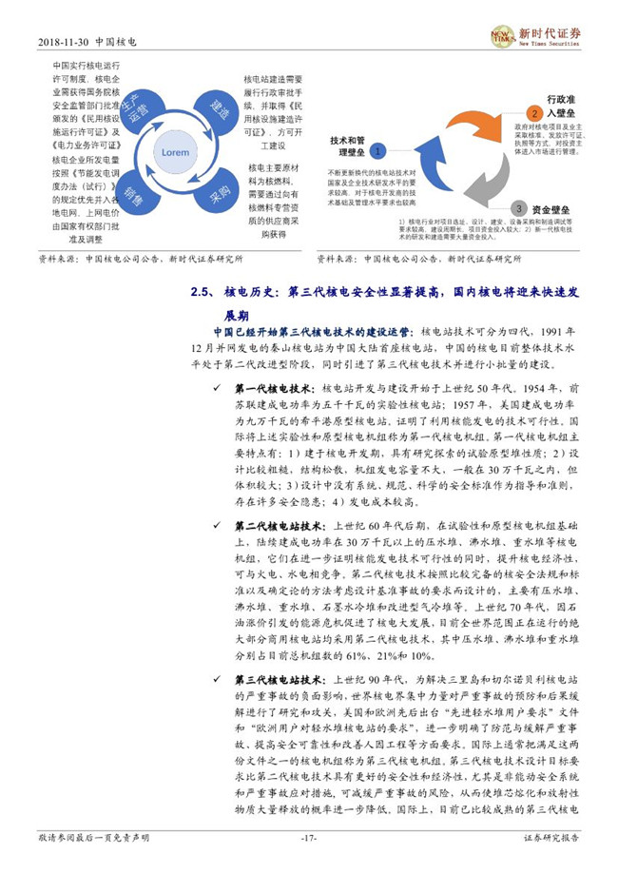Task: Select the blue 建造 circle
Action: click(219, 110)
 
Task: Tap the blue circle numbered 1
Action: click(377, 151)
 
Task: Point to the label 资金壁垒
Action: click(553, 206)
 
